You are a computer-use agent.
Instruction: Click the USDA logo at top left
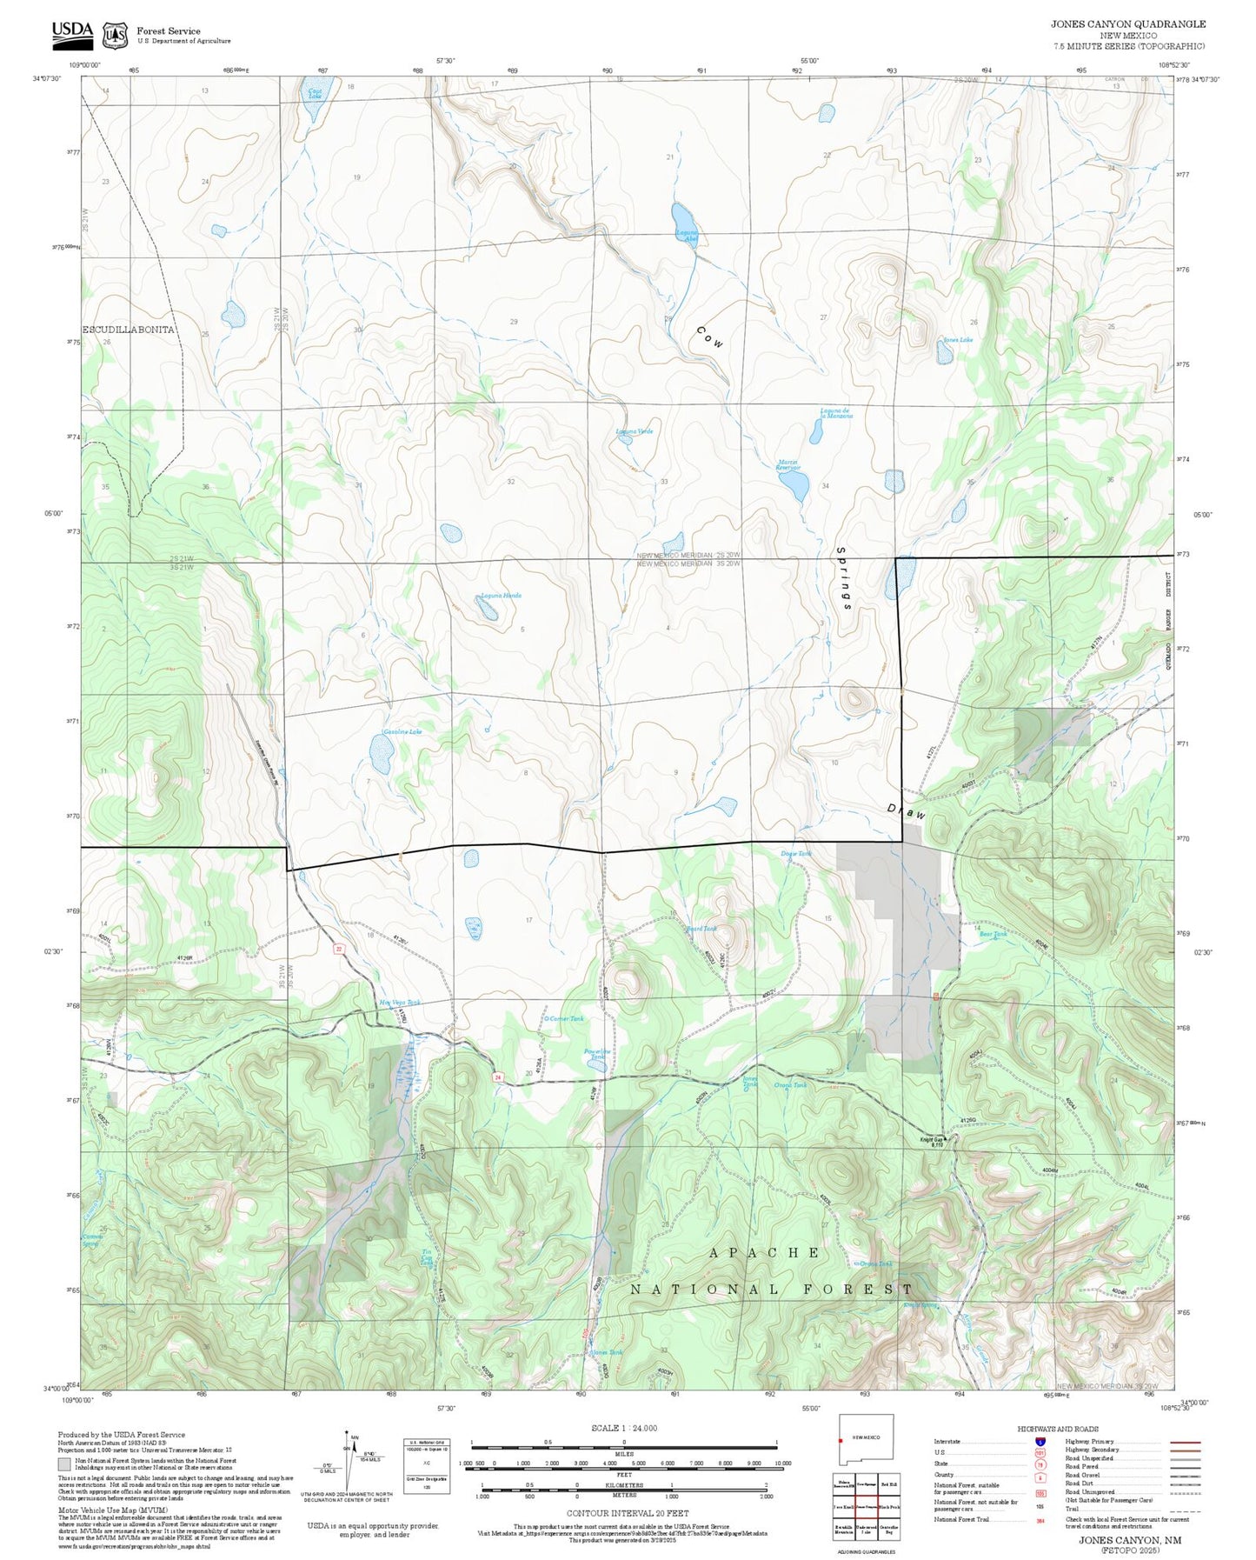71,32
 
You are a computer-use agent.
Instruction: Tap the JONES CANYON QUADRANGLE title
1127,24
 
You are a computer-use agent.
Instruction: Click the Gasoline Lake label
402,732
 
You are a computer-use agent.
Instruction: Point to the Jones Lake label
958,340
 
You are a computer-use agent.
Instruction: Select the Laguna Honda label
501,596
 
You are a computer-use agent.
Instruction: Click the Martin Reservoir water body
794,487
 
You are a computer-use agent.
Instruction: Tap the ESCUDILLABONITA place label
129,330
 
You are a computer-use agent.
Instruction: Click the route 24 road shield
498,1077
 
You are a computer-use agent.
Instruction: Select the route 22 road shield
339,949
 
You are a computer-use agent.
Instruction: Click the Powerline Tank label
597,1053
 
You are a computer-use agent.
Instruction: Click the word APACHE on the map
764,1252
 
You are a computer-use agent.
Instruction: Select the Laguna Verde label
634,431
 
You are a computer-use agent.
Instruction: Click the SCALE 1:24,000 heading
623,1428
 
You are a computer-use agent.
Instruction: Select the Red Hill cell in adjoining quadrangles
888,1483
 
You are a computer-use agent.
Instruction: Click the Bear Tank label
993,935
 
